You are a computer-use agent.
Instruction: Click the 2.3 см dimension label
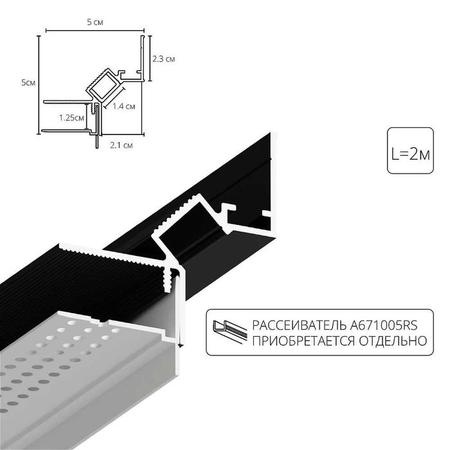[164, 59]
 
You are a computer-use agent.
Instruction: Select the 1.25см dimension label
[71, 118]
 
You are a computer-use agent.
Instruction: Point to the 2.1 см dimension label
[122, 146]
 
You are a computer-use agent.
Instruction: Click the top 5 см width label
[95, 22]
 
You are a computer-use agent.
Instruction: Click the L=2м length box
[410, 154]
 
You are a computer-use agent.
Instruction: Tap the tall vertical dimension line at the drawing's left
[39, 84]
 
